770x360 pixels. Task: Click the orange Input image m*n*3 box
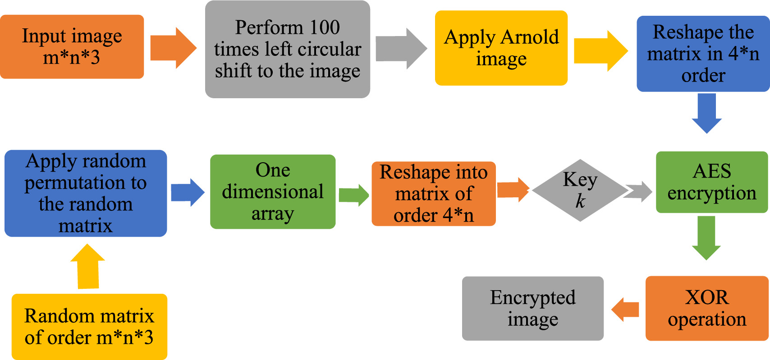tap(72, 47)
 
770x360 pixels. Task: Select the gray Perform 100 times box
tap(288, 50)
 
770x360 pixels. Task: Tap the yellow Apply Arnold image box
tap(501, 48)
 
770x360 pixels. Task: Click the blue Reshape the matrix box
tap(703, 54)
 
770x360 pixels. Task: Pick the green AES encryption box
tap(711, 182)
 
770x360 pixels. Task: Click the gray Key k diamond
tap(580, 191)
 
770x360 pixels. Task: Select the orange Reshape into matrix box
tap(433, 194)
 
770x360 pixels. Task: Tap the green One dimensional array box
tap(272, 192)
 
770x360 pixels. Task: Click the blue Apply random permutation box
tap(86, 193)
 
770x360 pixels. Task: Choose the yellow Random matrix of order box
tap(89, 327)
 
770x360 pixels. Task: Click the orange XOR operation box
tap(706, 308)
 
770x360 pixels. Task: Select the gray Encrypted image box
tap(532, 308)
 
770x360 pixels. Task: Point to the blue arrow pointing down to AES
tap(706, 113)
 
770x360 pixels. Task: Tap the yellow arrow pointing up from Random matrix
tap(88, 267)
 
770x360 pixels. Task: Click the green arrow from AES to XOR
tap(706, 237)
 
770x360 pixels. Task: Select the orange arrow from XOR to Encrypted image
tap(626, 310)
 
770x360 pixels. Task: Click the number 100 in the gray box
tap(325, 27)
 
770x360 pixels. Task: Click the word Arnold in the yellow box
tap(530, 37)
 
